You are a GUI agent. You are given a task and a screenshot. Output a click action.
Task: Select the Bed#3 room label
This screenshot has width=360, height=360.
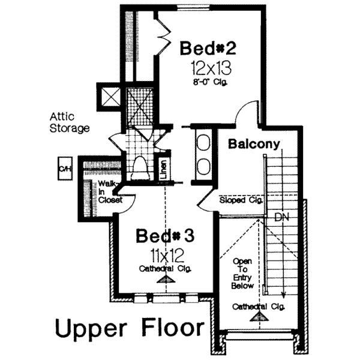pos(164,236)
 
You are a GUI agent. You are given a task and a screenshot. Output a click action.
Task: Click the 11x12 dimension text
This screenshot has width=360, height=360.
pos(164,255)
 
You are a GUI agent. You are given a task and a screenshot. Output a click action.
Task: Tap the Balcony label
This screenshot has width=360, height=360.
pos(254,144)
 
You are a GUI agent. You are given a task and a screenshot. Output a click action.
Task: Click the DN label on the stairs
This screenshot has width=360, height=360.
pos(283,217)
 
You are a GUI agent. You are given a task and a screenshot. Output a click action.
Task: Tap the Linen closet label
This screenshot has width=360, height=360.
pos(163,170)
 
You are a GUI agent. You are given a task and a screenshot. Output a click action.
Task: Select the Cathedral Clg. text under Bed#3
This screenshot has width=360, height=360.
pos(164,269)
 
